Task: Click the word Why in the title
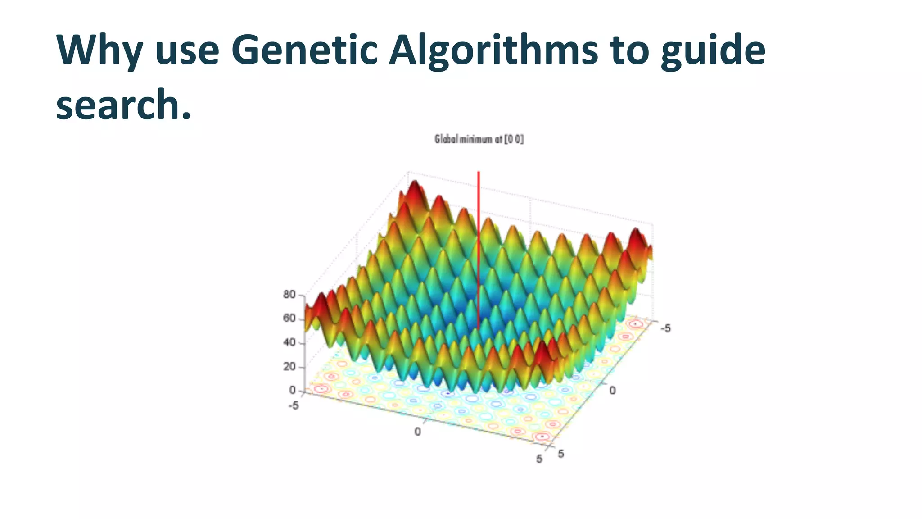pyautogui.click(x=99, y=50)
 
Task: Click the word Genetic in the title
pyautogui.click(x=304, y=50)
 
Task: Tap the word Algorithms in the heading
pyautogui.click(x=493, y=50)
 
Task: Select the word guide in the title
pyautogui.click(x=713, y=50)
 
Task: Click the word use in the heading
pyautogui.click(x=187, y=50)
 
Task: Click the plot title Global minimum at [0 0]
pyautogui.click(x=479, y=139)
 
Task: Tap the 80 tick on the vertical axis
pyautogui.click(x=289, y=295)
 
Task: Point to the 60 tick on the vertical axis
pyautogui.click(x=289, y=319)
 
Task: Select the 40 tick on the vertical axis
pyautogui.click(x=289, y=342)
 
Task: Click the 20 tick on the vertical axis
pyautogui.click(x=289, y=367)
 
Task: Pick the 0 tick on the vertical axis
pyautogui.click(x=292, y=390)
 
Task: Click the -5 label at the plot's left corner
pyautogui.click(x=294, y=406)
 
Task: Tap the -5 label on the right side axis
pyautogui.click(x=665, y=328)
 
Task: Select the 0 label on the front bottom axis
pyautogui.click(x=417, y=432)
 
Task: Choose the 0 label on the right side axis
pyautogui.click(x=612, y=391)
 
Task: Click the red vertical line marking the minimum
pyautogui.click(x=479, y=248)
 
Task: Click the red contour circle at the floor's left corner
pyautogui.click(x=321, y=389)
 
